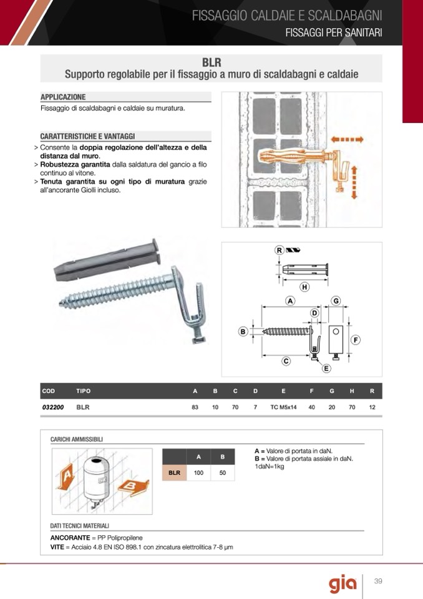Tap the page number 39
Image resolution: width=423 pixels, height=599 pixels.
click(377, 582)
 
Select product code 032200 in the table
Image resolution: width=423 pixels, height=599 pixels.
click(53, 407)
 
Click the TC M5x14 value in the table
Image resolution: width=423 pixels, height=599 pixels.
click(283, 407)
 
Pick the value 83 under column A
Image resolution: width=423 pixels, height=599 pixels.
click(195, 407)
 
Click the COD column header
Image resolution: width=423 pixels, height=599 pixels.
click(48, 391)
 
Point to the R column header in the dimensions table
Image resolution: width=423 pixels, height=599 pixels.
click(372, 391)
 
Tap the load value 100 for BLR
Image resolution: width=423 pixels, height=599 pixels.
click(198, 473)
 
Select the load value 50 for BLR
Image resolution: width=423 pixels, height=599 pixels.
click(223, 473)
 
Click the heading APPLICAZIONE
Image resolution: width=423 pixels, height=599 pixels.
click(63, 97)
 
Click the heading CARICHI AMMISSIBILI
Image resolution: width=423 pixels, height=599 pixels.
click(77, 440)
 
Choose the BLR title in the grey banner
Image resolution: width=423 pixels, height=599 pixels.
click(211, 62)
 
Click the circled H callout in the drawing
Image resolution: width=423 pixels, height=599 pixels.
click(304, 287)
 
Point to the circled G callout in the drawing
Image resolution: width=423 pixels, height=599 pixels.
click(336, 301)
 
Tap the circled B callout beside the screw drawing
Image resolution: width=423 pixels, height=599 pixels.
click(243, 331)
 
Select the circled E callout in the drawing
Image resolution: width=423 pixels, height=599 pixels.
click(326, 369)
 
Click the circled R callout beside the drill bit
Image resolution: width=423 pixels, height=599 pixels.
click(280, 250)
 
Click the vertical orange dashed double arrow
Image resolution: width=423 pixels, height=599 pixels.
click(354, 182)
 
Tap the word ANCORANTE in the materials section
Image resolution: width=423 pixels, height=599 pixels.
click(70, 538)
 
